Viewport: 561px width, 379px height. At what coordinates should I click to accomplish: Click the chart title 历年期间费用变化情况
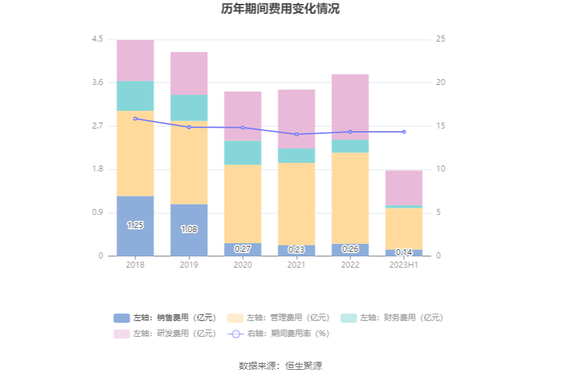point(280,9)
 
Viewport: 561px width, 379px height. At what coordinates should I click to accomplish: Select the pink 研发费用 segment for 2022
point(350,107)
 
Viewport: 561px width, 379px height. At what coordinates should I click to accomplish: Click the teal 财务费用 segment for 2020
point(243,152)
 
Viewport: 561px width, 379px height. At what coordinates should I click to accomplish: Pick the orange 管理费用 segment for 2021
point(296,204)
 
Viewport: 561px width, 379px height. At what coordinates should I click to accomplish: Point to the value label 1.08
point(189,229)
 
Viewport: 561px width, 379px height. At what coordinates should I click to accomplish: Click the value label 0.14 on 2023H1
point(404,252)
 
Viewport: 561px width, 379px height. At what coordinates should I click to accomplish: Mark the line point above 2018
point(135,119)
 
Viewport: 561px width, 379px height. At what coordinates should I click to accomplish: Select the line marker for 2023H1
point(404,132)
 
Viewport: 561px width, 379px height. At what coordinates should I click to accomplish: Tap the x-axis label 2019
point(189,264)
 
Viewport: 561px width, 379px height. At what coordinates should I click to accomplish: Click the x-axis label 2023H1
point(404,264)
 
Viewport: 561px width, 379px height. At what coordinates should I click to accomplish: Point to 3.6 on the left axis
point(98,82)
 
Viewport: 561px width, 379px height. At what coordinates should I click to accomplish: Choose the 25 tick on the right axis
point(441,40)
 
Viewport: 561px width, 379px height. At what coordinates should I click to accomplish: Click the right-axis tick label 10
point(441,169)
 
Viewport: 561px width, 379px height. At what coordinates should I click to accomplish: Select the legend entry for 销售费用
point(164,318)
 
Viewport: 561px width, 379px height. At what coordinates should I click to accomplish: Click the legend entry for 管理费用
point(278,318)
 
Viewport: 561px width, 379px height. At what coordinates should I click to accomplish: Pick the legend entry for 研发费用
point(164,334)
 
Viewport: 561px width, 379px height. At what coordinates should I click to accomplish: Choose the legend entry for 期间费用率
point(278,334)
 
